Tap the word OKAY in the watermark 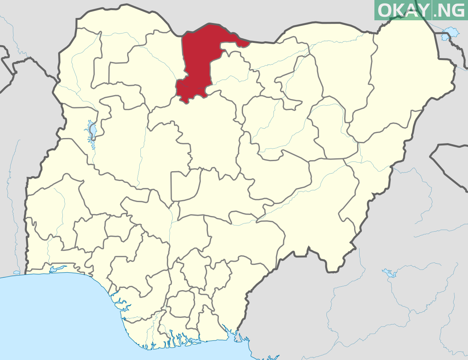click(404, 11)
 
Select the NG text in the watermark click(450, 11)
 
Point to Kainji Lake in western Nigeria click(93, 131)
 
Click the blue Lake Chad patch click(448, 33)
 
